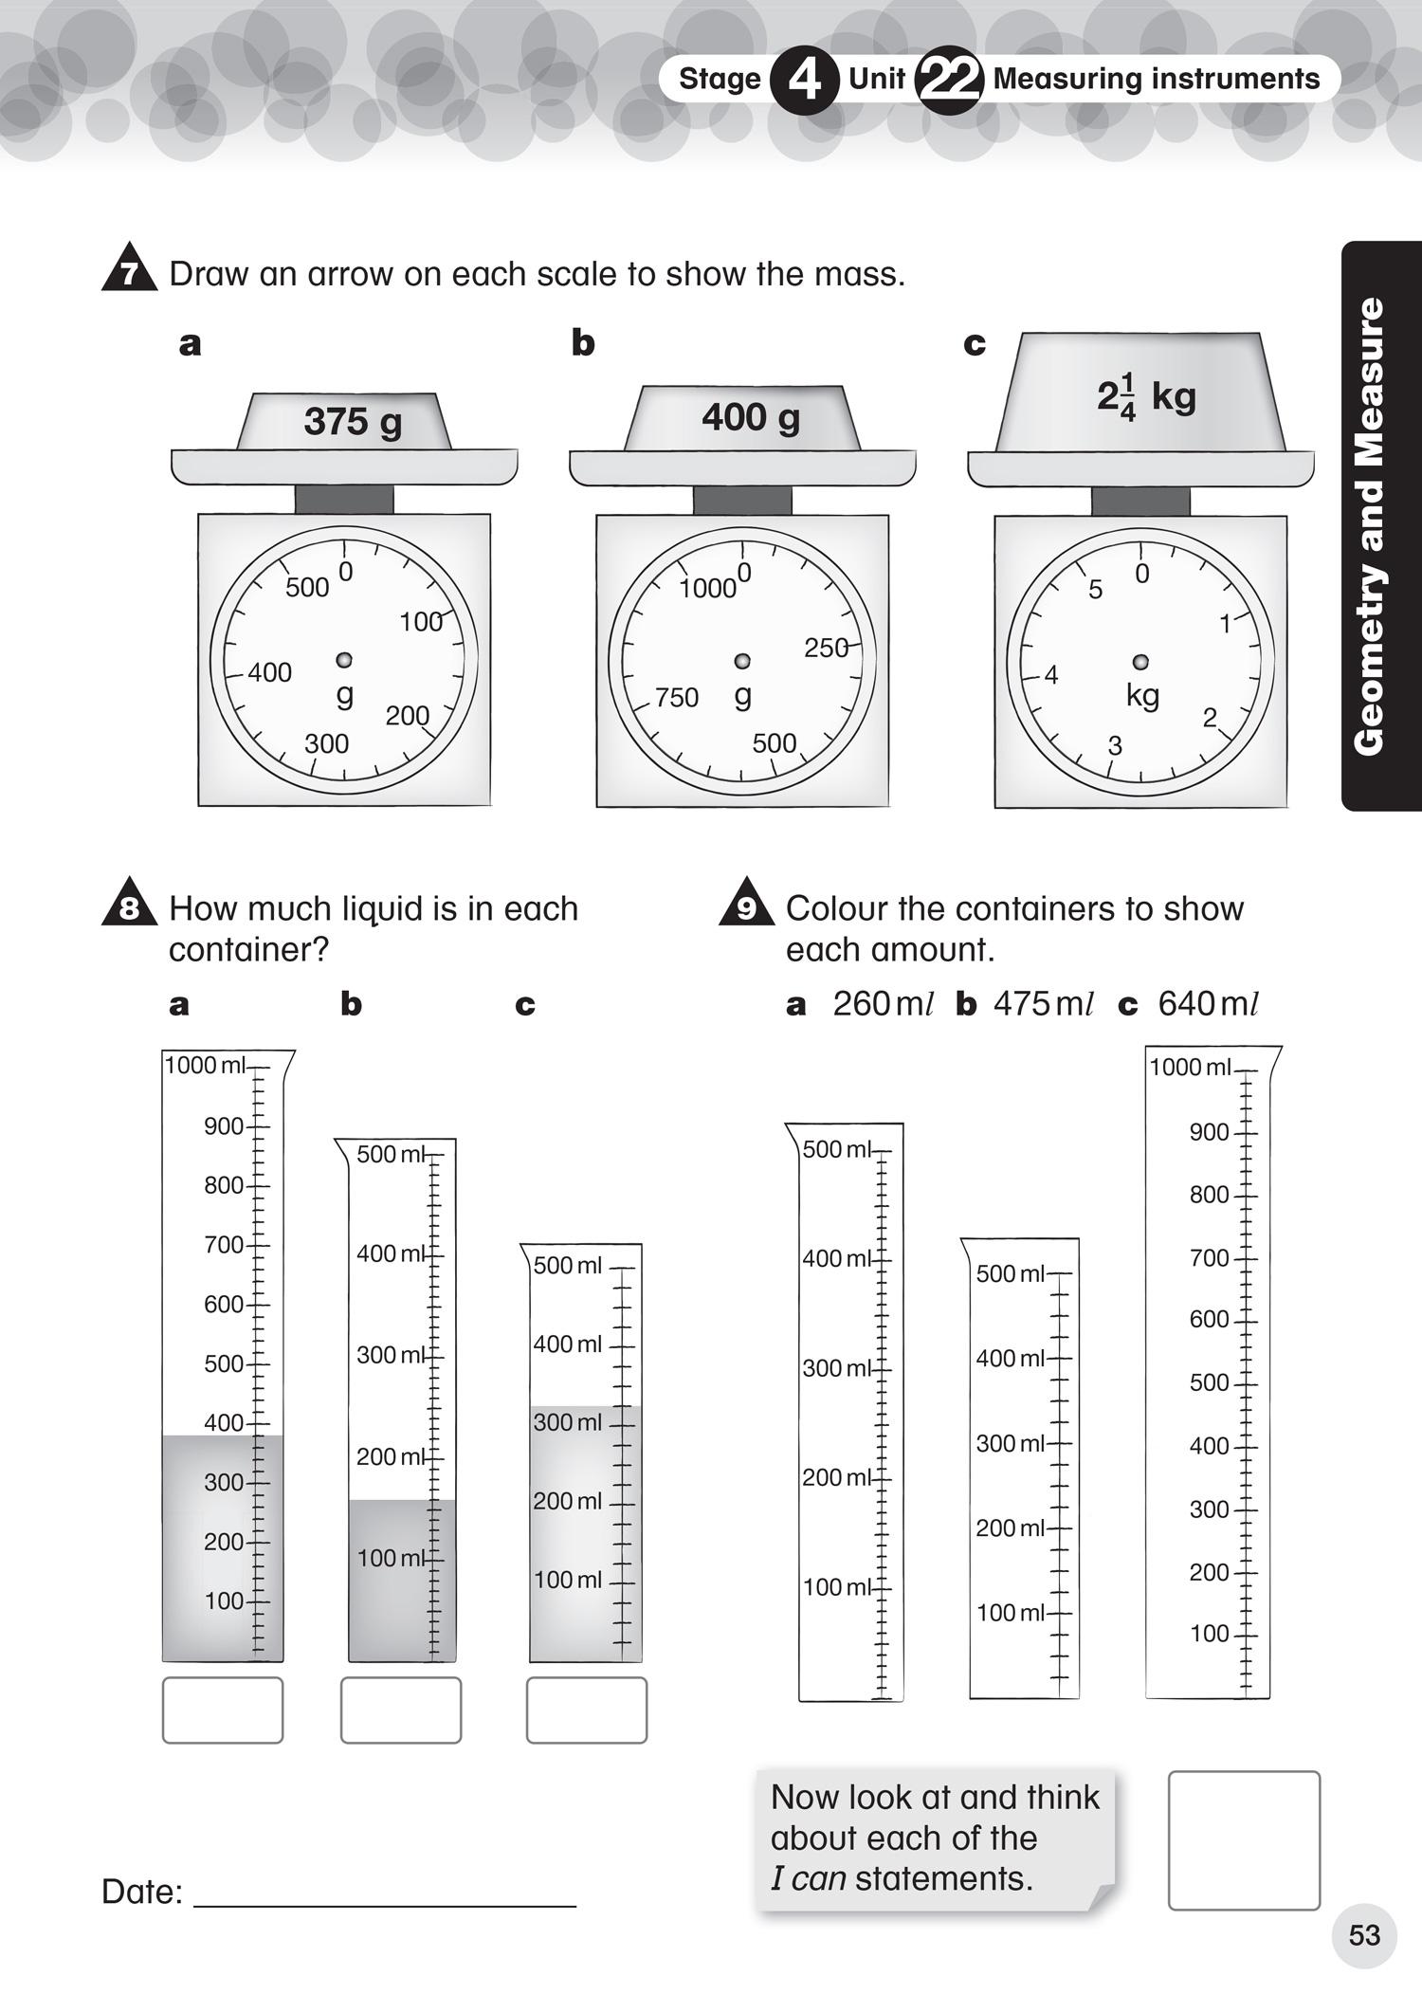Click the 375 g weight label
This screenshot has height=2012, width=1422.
[353, 422]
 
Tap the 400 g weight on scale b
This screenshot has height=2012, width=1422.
[751, 417]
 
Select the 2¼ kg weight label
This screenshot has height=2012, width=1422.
[1145, 396]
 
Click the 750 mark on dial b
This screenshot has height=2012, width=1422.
[677, 698]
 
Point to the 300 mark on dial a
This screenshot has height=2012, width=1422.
[326, 743]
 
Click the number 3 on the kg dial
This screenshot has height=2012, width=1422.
[1115, 746]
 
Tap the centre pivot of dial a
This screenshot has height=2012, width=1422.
[344, 660]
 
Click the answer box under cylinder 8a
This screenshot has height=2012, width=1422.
[223, 1710]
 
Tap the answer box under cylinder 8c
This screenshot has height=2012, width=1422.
[587, 1710]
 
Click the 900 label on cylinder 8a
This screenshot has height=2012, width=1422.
[224, 1126]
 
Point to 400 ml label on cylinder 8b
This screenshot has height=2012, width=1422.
[391, 1253]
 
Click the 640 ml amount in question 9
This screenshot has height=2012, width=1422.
[1208, 1004]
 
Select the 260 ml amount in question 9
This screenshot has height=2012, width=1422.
[883, 1004]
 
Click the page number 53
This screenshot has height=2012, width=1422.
[1364, 1935]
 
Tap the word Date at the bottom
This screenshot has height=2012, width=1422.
[141, 1892]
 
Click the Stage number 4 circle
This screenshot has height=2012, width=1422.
[804, 81]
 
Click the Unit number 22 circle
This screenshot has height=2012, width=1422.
[948, 81]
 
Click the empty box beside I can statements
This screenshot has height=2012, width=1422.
[1244, 1839]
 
